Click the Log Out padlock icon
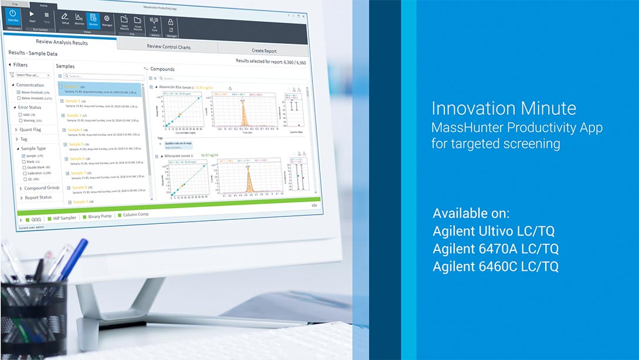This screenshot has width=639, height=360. click(171, 24)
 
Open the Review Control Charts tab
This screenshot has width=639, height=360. click(168, 46)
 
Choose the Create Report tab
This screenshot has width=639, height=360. click(264, 51)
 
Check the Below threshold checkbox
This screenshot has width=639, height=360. click(19, 99)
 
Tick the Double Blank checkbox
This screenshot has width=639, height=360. click(23, 167)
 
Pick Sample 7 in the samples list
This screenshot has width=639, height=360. click(77, 174)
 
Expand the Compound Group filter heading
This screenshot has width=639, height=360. click(42, 188)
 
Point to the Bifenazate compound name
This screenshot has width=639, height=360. click(174, 155)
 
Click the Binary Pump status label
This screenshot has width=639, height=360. click(99, 216)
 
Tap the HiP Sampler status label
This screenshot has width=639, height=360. click(64, 218)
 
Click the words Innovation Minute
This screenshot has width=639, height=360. click(503, 108)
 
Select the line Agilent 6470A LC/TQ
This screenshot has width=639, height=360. click(495, 249)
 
